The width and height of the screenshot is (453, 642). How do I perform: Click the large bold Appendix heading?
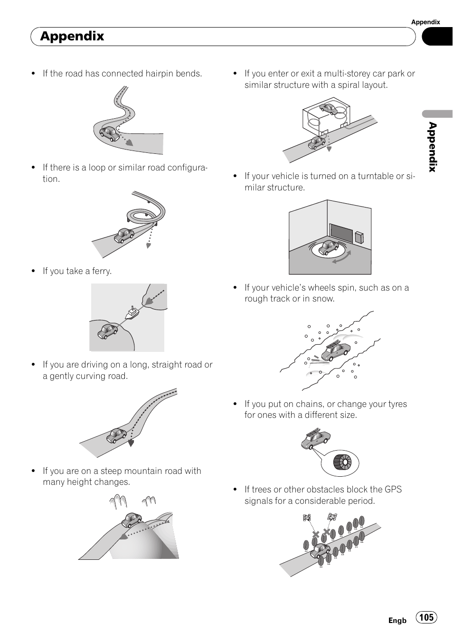(x=72, y=36)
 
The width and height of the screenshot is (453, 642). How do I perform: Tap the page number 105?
(x=426, y=616)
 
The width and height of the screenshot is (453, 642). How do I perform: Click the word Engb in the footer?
(x=397, y=621)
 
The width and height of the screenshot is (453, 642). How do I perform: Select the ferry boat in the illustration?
(x=132, y=312)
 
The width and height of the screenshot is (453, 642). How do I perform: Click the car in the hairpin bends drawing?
(x=109, y=134)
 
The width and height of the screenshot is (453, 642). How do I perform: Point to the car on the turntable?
(x=329, y=247)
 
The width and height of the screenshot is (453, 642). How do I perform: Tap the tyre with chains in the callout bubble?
(x=342, y=463)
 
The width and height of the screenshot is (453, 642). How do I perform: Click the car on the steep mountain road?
(x=132, y=519)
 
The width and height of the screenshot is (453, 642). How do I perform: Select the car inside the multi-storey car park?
(x=329, y=109)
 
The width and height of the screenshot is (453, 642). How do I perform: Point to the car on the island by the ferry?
(x=107, y=331)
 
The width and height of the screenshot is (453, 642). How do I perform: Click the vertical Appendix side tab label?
(x=433, y=147)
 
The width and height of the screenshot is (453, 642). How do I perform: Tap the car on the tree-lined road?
(x=320, y=550)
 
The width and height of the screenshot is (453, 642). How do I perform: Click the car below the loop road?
(x=124, y=236)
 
